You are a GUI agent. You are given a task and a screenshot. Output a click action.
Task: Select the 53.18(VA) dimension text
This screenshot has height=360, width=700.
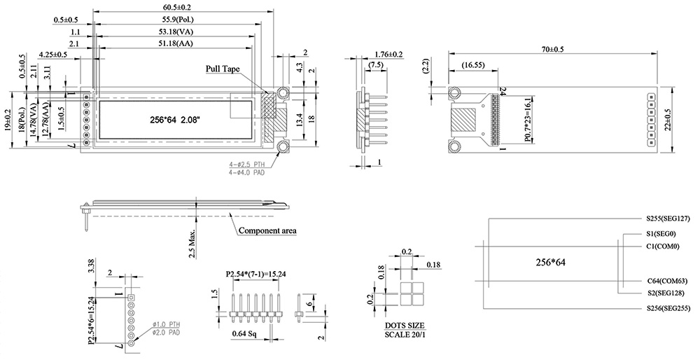(176, 32)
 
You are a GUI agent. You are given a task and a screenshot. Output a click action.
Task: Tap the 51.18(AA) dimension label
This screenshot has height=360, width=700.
(176, 43)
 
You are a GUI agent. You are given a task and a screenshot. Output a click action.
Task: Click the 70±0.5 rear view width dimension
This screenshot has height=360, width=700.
(553, 49)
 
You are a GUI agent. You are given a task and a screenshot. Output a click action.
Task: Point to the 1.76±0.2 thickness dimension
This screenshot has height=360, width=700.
(388, 54)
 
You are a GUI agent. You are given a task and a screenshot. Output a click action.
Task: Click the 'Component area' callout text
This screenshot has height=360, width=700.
(267, 230)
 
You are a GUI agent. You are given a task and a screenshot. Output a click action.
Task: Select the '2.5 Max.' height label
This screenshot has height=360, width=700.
(192, 242)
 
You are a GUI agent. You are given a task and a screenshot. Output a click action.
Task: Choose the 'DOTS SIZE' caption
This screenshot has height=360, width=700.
(405, 326)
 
